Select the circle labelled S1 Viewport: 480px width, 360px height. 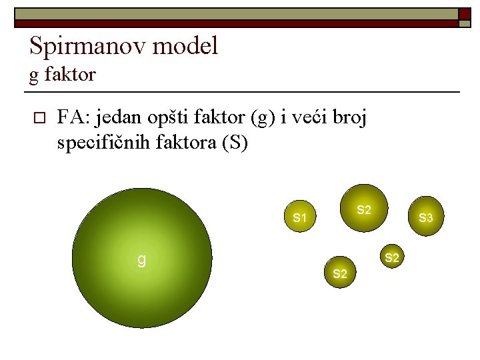[x=299, y=217]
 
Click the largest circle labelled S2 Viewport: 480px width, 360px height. [x=363, y=208]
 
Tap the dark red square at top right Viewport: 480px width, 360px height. [x=464, y=13]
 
